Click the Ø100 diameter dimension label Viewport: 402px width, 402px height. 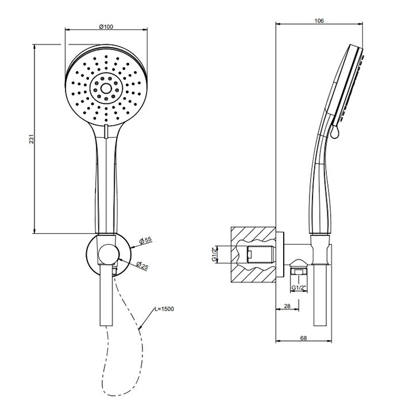point(106,26)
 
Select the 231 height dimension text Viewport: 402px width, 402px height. point(31,139)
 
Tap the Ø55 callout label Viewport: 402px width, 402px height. point(145,241)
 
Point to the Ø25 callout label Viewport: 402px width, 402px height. point(142,265)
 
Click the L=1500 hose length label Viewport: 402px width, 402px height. point(164,309)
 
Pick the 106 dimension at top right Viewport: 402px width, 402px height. point(319,21)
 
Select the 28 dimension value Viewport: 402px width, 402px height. point(287,306)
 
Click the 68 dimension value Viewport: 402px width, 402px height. point(304,338)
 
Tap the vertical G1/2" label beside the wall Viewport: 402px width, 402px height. point(214,254)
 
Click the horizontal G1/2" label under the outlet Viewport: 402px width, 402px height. point(299,288)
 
